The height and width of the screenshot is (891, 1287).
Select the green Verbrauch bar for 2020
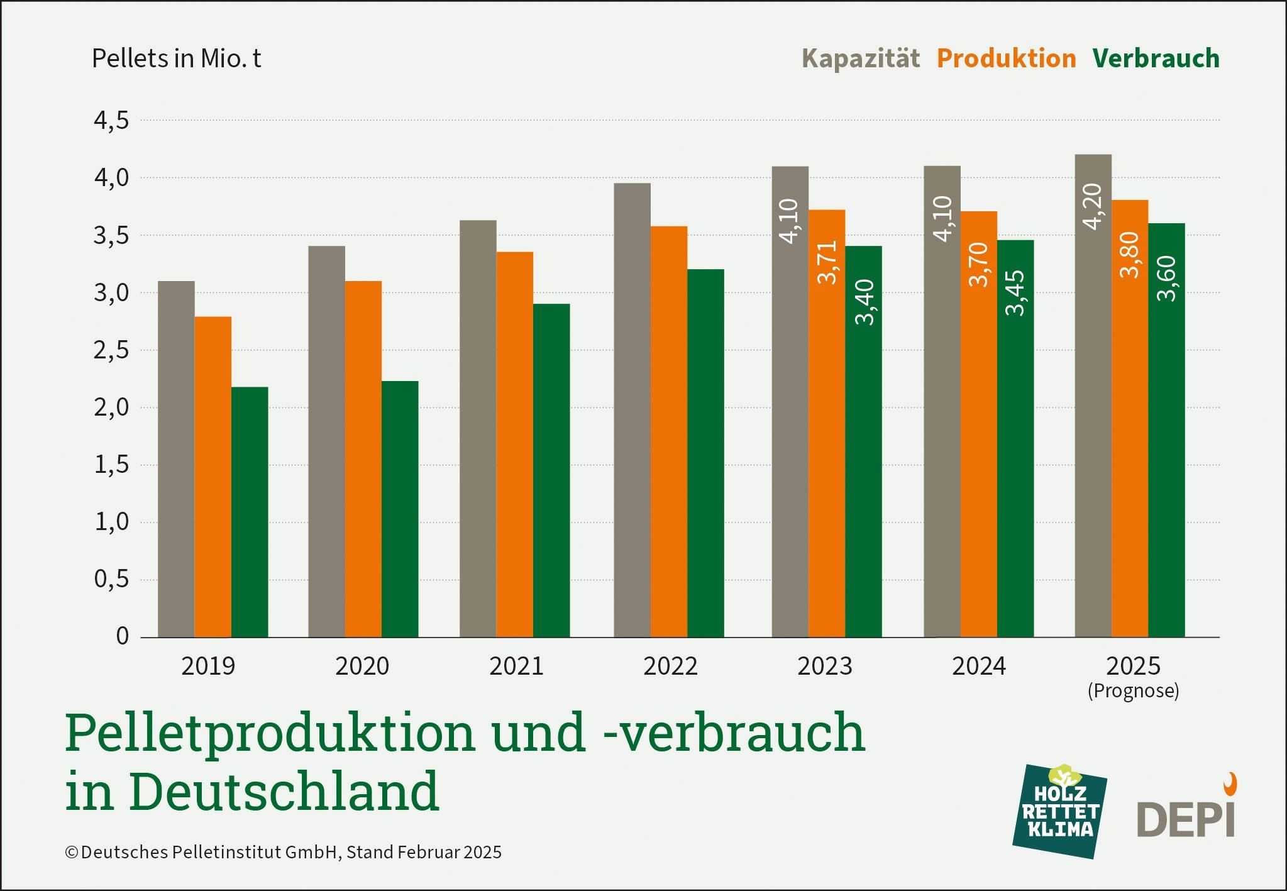pyautogui.click(x=400, y=509)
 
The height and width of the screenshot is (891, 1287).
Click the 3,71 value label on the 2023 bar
pyautogui.click(x=827, y=262)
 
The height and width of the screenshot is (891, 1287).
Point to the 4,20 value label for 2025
pyautogui.click(x=1093, y=206)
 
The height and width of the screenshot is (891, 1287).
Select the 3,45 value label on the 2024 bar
pyautogui.click(x=1015, y=292)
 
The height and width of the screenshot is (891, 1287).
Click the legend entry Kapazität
pyautogui.click(x=860, y=58)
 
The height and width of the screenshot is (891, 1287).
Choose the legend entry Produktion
pyautogui.click(x=1006, y=58)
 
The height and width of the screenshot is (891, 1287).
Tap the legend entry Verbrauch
pyautogui.click(x=1156, y=58)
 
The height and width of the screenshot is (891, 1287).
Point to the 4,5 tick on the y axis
pyautogui.click(x=111, y=120)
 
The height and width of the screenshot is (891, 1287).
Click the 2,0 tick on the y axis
pyautogui.click(x=111, y=407)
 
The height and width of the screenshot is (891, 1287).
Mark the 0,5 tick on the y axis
pyautogui.click(x=111, y=579)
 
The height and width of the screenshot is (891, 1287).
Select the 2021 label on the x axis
pyautogui.click(x=516, y=666)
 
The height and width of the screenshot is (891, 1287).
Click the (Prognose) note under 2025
pyautogui.click(x=1133, y=691)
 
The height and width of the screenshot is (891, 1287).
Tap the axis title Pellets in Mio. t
pyautogui.click(x=176, y=58)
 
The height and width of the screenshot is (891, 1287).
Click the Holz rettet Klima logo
pyautogui.click(x=1059, y=811)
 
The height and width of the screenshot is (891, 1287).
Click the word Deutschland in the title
pyautogui.click(x=284, y=791)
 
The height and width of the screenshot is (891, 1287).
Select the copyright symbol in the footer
pyautogui.click(x=72, y=853)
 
